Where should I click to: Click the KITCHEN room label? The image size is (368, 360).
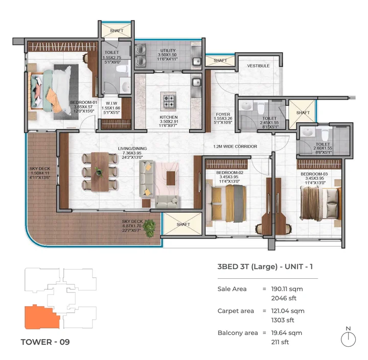point(168,117)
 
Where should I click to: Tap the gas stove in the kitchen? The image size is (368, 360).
point(169,100)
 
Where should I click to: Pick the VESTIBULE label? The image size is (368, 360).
point(258,66)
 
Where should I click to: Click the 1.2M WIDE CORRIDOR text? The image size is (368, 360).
point(235,147)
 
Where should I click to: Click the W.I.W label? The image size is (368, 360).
point(110,102)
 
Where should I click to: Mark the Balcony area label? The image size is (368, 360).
point(238,332)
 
